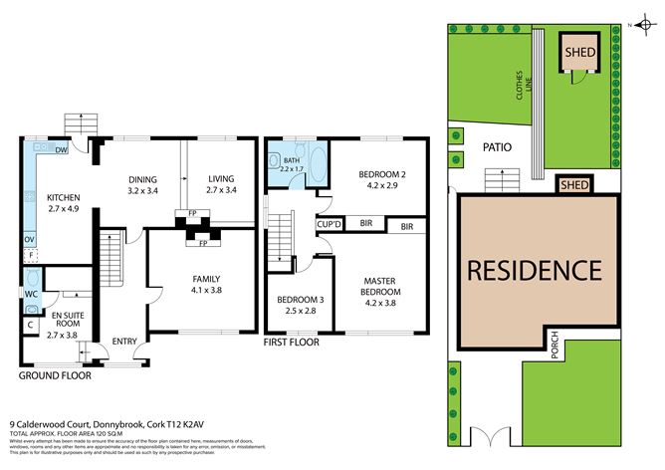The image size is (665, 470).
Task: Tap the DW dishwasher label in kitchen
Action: (x=62, y=151)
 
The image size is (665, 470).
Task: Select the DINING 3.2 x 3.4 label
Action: (x=143, y=184)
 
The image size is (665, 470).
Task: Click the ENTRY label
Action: (x=125, y=341)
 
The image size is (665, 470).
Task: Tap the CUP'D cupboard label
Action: (x=330, y=225)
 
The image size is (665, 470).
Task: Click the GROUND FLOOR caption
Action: (x=56, y=377)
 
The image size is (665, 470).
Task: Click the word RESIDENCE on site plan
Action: (x=535, y=270)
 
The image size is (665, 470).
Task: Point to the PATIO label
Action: (x=497, y=147)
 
